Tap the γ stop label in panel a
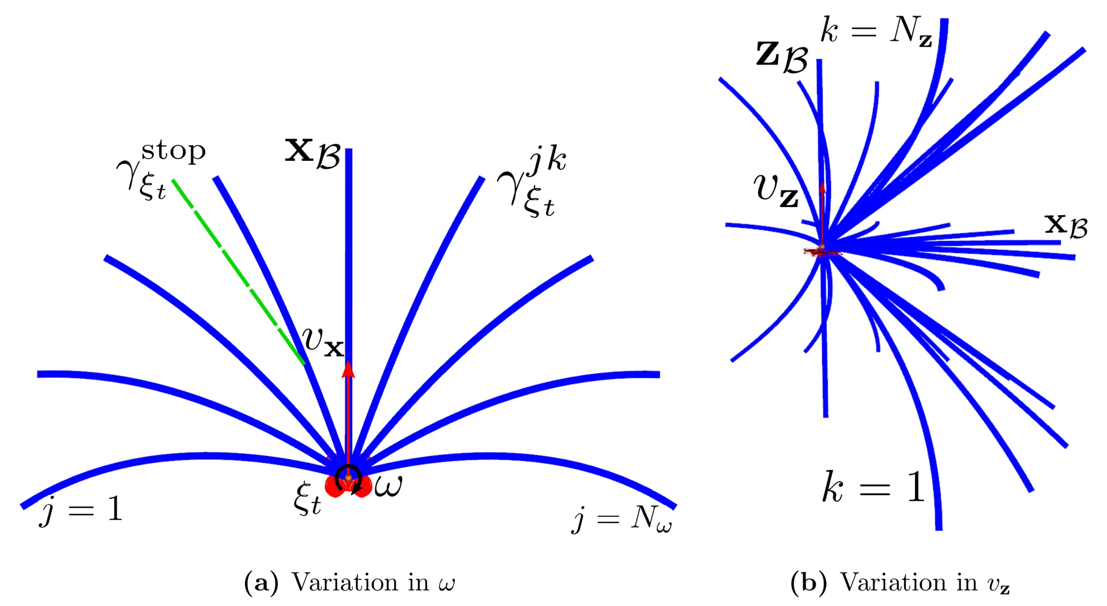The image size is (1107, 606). pos(161,170)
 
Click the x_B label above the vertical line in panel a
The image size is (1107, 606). pos(314,153)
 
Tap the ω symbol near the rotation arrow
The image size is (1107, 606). pos(388,485)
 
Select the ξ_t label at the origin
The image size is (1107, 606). pos(307,498)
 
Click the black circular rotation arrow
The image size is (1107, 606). pos(349,479)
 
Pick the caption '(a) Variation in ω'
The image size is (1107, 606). pos(349,582)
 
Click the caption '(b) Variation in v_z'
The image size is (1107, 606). pos(900,582)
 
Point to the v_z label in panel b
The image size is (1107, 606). pos(776,191)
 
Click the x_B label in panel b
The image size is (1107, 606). pos(1066,225)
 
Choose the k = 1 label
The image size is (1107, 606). pos(874,487)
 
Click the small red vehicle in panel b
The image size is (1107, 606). pos(823,251)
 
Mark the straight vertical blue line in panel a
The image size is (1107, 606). pos(348,311)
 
